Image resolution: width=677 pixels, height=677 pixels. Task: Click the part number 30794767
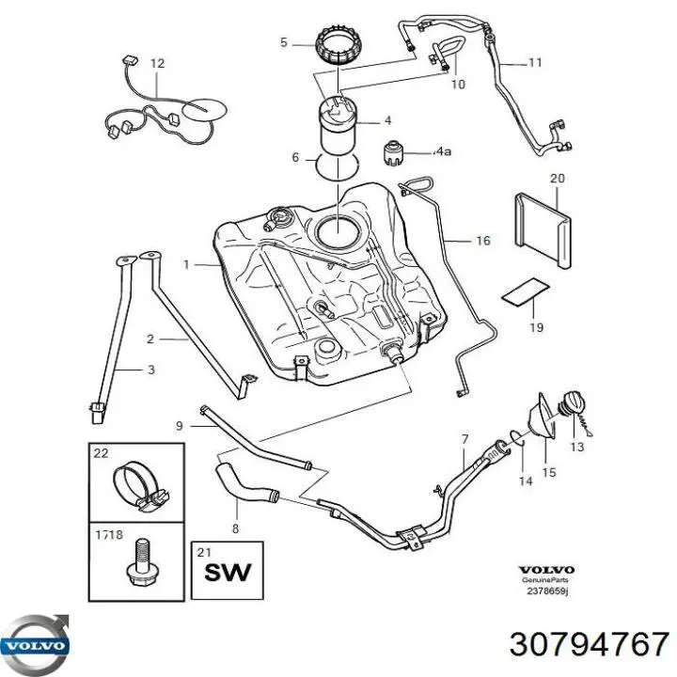589,645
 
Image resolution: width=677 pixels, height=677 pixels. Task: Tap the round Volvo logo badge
35,645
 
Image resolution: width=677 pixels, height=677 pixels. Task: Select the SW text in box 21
228,572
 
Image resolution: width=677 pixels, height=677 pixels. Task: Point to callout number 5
283,42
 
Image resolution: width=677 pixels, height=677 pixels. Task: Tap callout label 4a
443,151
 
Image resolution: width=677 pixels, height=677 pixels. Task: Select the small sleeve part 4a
393,152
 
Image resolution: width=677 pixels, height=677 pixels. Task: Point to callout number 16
483,241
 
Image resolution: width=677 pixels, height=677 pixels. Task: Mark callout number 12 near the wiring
157,64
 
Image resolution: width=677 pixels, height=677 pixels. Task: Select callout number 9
180,426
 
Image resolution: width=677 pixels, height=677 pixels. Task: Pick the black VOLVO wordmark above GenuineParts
546,570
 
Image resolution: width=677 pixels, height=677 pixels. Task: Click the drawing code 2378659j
547,591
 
